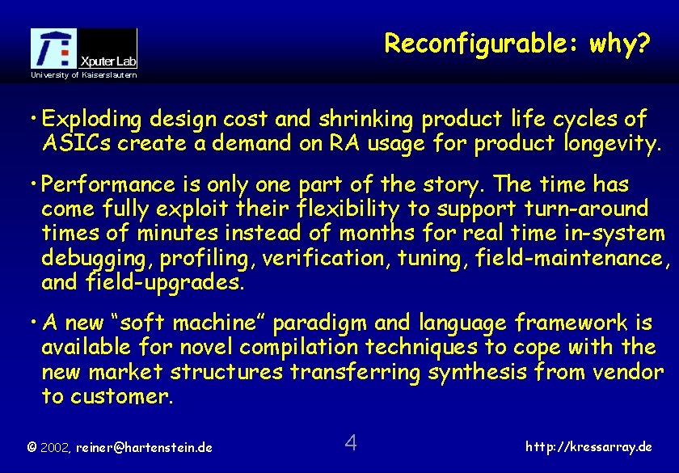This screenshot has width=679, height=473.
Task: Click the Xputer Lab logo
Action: [84, 49]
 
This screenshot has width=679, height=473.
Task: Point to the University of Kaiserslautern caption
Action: [84, 75]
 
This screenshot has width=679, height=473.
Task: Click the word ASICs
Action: [72, 144]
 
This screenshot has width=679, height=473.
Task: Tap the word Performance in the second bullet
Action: [113, 184]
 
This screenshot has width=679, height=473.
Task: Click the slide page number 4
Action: [351, 443]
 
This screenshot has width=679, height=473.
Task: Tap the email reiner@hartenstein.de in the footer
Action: [144, 446]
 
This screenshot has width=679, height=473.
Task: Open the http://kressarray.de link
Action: [589, 446]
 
